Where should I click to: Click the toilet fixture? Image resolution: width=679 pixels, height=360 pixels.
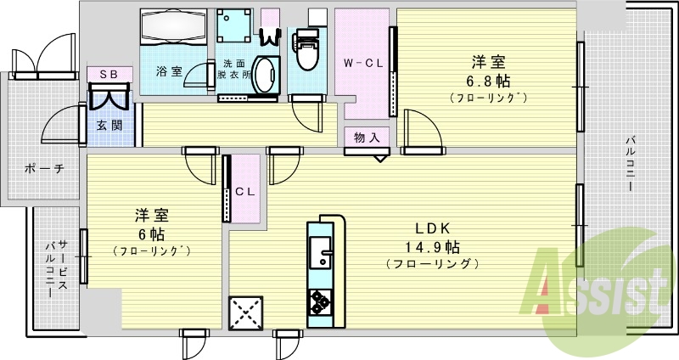[306, 51]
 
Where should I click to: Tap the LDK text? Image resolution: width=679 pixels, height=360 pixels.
[432, 228]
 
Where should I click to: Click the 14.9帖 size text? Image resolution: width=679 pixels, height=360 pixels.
[432, 247]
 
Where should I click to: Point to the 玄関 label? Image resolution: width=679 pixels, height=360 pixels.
[108, 126]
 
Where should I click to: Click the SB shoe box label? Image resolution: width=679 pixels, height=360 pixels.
[109, 75]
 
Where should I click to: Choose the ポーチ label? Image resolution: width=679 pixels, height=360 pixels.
[45, 168]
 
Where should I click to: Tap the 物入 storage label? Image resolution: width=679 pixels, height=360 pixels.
[367, 137]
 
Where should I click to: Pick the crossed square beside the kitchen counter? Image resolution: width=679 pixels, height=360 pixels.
[245, 312]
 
